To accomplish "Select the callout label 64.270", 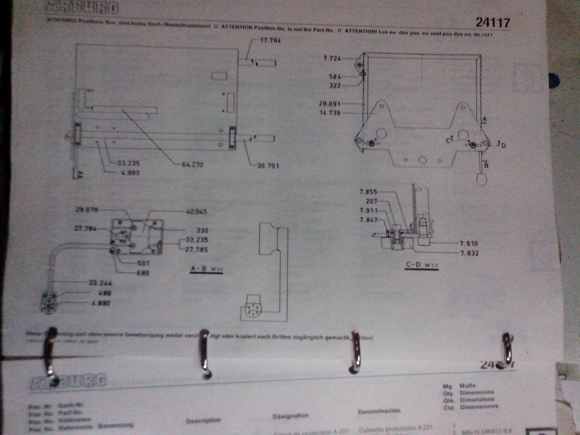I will (x=193, y=165).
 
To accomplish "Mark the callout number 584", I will (x=335, y=77).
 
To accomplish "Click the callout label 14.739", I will (x=330, y=113).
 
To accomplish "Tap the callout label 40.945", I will (x=196, y=211).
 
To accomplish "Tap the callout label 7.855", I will (x=368, y=192).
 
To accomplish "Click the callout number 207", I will (x=371, y=201).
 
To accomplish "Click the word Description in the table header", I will (x=203, y=420).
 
